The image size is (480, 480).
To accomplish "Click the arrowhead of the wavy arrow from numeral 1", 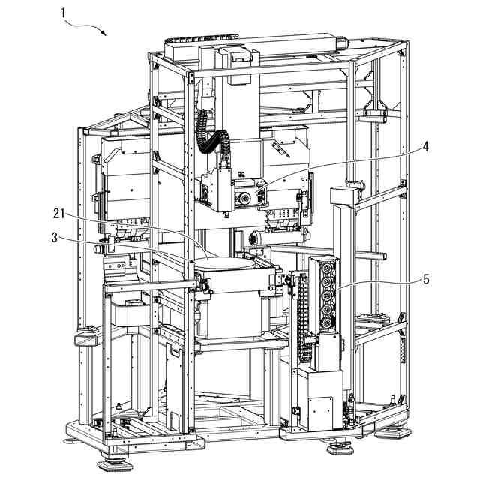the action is tap(104, 34).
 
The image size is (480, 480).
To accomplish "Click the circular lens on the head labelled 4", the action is tap(244, 199).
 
